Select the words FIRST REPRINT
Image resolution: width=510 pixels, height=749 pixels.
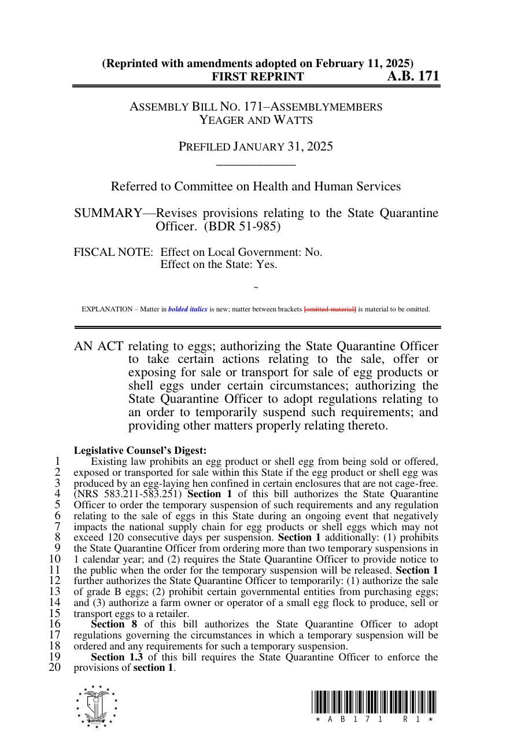tap(257, 77)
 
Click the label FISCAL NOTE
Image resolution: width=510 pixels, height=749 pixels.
tap(113, 252)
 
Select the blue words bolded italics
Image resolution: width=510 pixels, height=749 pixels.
tap(187, 309)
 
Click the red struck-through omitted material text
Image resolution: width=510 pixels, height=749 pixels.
tap(330, 309)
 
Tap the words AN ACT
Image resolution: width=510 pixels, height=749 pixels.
tap(98, 346)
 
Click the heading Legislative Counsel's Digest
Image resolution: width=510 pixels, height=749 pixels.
tap(140, 450)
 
